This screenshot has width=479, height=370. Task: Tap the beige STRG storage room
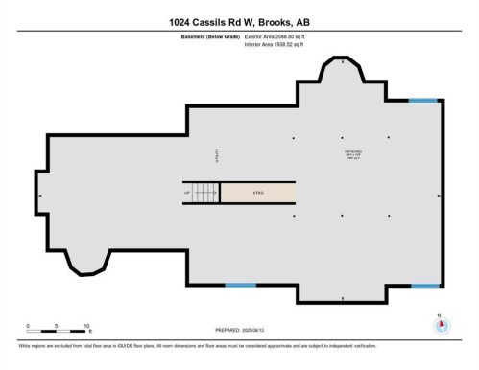click(257, 193)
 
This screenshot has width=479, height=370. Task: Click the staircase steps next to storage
click(205, 193)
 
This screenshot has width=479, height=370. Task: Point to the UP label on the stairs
click(188, 193)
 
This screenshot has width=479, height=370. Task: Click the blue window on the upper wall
click(422, 101)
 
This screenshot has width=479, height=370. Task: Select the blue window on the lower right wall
click(424, 285)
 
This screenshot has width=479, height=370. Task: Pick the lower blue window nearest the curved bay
click(239, 285)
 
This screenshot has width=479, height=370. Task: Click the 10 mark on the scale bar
click(86, 326)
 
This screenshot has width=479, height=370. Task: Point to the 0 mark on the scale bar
click(28, 326)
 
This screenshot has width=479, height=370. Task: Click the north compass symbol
click(442, 325)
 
